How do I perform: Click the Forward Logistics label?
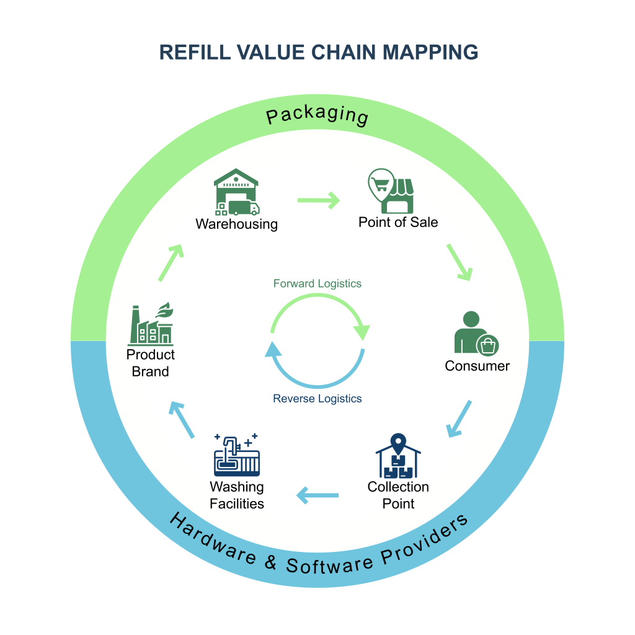pyautogui.click(x=317, y=283)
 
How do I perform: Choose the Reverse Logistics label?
pyautogui.click(x=317, y=399)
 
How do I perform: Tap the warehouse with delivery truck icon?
pyautogui.click(x=236, y=193)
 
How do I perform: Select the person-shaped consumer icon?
pyautogui.click(x=473, y=334)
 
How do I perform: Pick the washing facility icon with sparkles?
pyautogui.click(x=236, y=456)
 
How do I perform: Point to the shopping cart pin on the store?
pyautogui.click(x=380, y=183)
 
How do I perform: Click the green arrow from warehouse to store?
pyautogui.click(x=319, y=200)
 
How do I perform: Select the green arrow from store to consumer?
pyautogui.click(x=460, y=262)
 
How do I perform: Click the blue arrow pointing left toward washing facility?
pyautogui.click(x=318, y=495)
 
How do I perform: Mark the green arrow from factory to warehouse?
pyautogui.click(x=171, y=262)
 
